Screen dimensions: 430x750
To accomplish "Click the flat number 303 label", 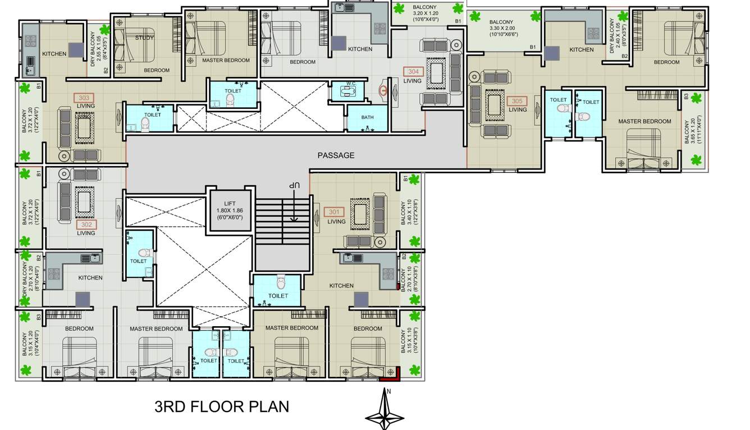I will (x=84, y=98).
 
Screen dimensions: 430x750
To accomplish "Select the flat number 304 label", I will (x=413, y=72).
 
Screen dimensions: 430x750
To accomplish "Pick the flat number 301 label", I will (x=334, y=212).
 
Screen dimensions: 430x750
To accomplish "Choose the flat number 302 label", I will (x=86, y=225).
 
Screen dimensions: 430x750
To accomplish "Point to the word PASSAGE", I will (x=336, y=155).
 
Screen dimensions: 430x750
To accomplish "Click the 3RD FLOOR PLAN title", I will (x=222, y=406).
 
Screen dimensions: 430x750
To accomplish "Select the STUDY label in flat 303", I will (x=144, y=38).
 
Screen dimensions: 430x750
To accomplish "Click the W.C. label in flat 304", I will (x=351, y=84).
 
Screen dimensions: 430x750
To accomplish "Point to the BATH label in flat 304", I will (x=367, y=117).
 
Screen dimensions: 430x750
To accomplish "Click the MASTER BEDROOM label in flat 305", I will (x=644, y=121).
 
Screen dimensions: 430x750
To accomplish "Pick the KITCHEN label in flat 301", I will (x=341, y=286).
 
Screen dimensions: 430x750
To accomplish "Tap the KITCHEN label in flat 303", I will (x=54, y=54).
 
